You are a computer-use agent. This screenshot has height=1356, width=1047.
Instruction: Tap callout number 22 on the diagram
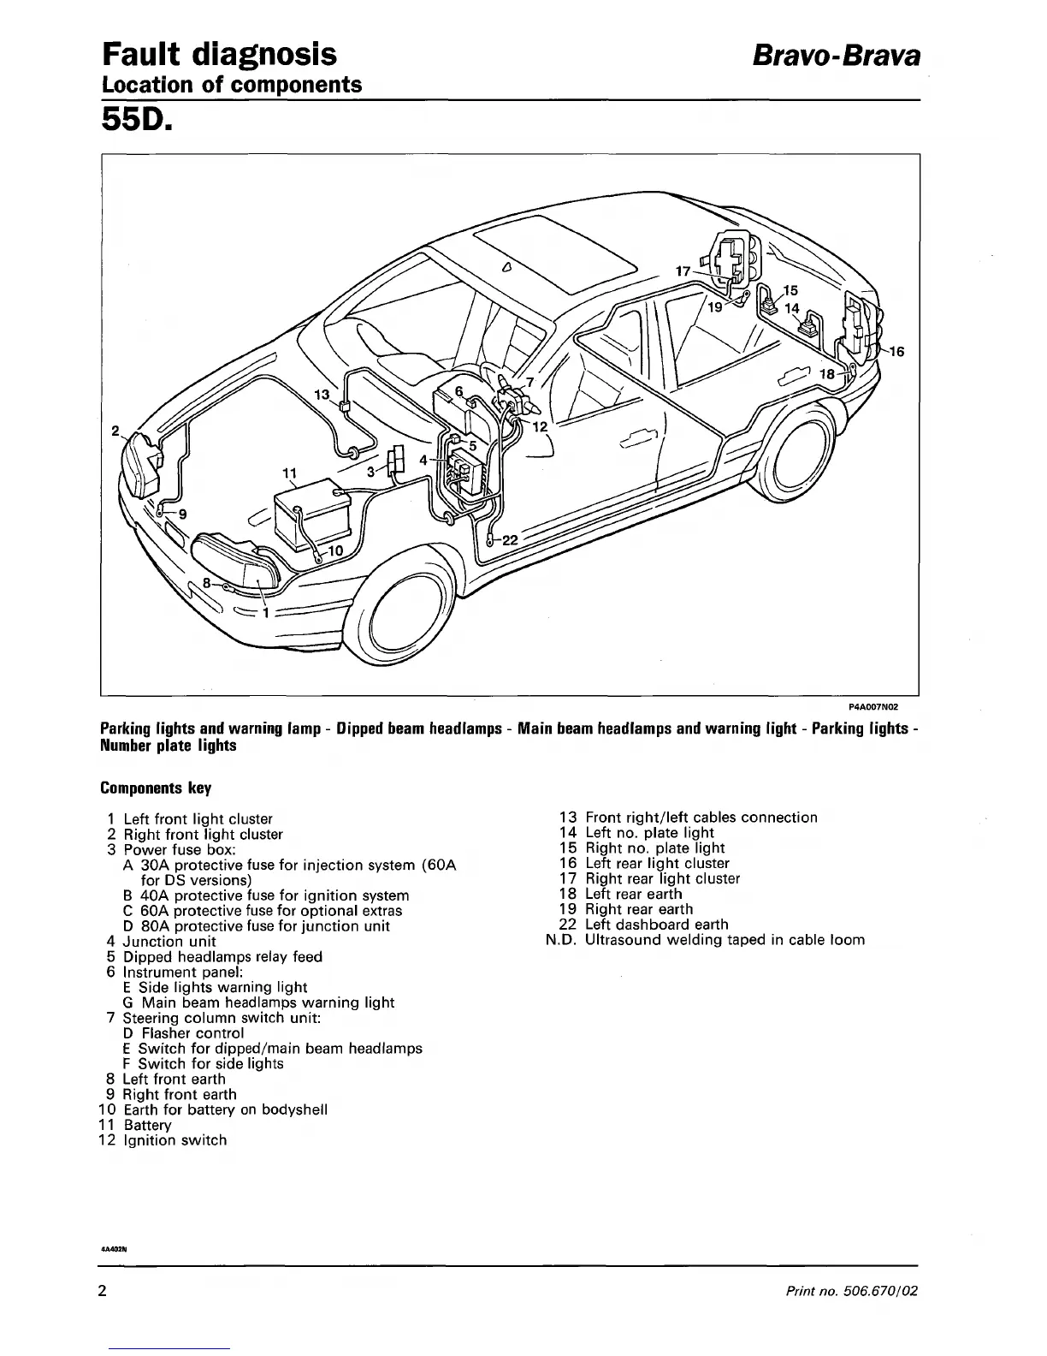click(510, 540)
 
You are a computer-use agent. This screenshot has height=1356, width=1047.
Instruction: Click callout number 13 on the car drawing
click(322, 395)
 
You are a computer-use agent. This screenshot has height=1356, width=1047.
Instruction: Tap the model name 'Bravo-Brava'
click(836, 56)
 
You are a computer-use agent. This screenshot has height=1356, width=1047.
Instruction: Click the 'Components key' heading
click(156, 788)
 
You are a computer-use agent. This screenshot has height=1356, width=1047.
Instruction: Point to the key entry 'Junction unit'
click(169, 942)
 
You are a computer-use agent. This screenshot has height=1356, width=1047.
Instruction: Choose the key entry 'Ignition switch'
click(175, 1140)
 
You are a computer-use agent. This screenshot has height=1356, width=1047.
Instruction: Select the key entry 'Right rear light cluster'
click(662, 878)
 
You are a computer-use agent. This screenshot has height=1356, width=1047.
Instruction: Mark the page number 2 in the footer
click(102, 1291)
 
